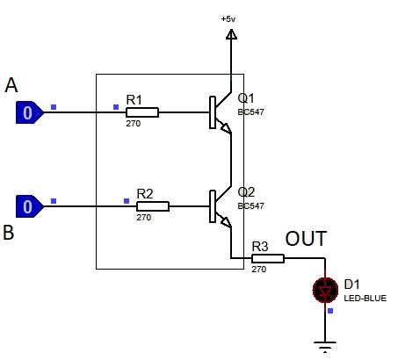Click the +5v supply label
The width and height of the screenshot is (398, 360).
pos(229,18)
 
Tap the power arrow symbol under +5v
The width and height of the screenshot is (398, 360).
pos(231,34)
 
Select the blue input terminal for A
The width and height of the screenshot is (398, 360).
pos(28,112)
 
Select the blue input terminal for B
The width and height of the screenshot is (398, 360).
pos(28,206)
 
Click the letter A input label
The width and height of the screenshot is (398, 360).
pos(11,85)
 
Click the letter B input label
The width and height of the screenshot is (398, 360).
pos(9,233)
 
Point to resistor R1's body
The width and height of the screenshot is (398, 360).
pos(143,112)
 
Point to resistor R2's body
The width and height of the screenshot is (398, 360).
pos(154,206)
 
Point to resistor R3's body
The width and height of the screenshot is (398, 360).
pos(269,258)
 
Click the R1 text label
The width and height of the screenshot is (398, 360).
pos(134,100)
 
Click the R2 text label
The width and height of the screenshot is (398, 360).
pos(145,193)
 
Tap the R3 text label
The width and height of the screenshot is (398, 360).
pos(260,247)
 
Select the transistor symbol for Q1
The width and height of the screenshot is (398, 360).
pos(220,113)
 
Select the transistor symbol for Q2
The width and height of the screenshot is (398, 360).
pos(220,207)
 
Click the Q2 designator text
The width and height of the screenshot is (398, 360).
pos(246,192)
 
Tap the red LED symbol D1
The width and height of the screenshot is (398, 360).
pos(326,289)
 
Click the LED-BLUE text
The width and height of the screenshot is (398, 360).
pos(364,299)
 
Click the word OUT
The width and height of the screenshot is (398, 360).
pos(306,239)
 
